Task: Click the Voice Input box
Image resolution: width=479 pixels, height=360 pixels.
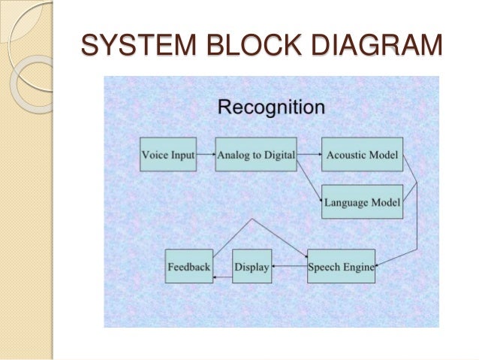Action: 167,156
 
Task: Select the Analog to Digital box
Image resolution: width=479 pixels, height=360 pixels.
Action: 255,156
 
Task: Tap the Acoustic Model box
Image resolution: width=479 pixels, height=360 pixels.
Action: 362,156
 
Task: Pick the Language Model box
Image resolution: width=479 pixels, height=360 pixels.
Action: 362,201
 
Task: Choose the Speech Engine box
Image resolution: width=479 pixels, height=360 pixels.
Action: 341,266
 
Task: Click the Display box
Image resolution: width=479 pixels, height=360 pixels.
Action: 252,266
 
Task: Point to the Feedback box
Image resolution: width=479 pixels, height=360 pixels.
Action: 189,266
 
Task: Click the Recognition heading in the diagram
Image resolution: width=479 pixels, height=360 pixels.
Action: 271,107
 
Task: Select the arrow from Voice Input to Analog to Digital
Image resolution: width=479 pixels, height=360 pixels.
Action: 205,156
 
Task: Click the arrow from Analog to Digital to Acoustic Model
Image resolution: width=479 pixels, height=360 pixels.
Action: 309,156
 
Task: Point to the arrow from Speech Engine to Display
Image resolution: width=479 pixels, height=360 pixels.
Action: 289,266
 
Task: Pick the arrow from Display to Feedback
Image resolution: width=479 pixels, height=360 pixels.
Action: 223,277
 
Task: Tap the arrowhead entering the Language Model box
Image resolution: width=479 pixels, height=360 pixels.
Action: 319,201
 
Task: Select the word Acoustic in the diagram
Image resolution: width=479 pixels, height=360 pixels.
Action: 346,156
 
